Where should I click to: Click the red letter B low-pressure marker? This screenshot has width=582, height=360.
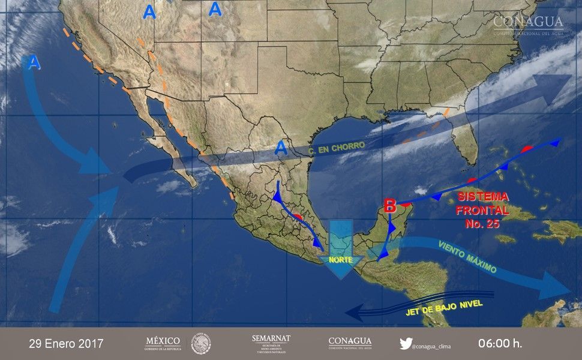(x=390, y=206)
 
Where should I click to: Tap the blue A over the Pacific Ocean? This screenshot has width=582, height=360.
(x=34, y=62)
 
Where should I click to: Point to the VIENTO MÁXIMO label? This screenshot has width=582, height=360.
(x=467, y=257)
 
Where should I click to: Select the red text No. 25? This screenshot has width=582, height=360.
(x=482, y=224)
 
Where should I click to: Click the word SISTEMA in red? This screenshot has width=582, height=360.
(x=482, y=197)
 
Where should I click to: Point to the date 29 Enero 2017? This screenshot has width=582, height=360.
(x=66, y=344)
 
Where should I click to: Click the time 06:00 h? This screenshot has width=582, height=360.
(x=500, y=344)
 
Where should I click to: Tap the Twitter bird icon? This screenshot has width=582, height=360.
(x=406, y=344)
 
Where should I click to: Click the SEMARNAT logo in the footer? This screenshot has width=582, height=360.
(x=271, y=343)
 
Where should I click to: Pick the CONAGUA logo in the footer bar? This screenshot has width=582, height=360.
(x=350, y=343)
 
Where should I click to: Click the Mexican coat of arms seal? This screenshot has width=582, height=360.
(x=201, y=344)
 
